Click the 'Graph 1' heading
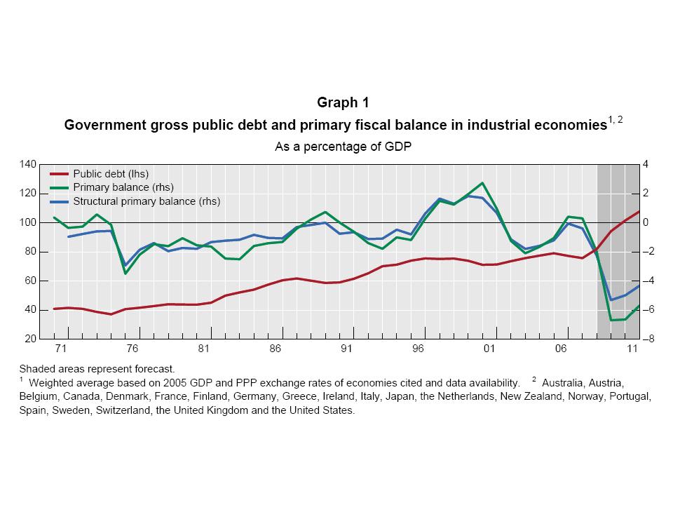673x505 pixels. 343,102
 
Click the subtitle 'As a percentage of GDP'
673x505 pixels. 343,147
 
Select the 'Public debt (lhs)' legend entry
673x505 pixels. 111,173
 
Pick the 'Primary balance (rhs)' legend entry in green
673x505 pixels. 123,187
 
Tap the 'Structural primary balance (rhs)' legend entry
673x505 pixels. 147,201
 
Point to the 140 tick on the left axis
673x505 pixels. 27,164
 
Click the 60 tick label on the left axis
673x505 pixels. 30,281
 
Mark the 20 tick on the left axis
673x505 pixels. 30,339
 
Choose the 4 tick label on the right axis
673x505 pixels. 646,164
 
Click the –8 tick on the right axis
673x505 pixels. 648,339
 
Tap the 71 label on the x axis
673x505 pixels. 60,349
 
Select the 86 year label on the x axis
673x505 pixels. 275,349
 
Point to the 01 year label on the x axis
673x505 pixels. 489,349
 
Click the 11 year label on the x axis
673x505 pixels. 632,349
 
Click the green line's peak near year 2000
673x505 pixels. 482,183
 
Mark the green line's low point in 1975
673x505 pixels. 125,273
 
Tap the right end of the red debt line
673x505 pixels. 639,211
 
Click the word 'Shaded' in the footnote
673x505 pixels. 36,368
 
